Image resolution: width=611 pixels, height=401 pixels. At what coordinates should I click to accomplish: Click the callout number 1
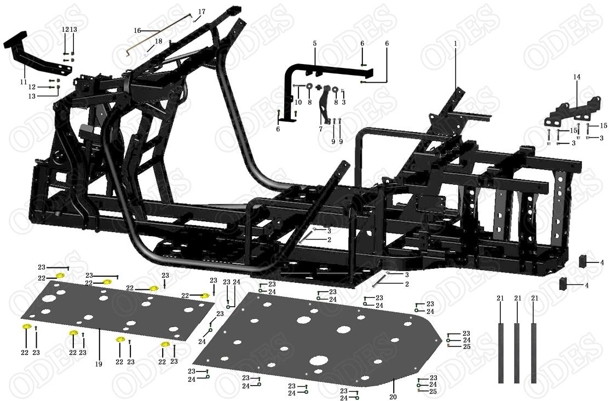tap(455, 44)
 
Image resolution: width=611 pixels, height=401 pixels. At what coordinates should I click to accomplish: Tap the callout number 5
tap(315, 44)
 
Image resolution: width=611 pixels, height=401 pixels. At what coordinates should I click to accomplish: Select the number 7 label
tap(321, 129)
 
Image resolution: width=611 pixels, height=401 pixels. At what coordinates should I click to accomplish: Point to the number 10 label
tap(298, 102)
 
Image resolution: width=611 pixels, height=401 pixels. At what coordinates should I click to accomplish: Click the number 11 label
tap(24, 82)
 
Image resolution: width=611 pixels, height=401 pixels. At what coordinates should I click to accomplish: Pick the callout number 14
tap(577, 77)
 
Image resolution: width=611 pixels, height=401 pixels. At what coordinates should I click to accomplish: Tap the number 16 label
tap(137, 31)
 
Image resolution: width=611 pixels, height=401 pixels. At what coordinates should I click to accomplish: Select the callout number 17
tap(201, 12)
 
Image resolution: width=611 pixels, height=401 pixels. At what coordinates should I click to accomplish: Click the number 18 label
tap(158, 41)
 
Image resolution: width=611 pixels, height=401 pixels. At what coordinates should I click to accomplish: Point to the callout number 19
tap(99, 364)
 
